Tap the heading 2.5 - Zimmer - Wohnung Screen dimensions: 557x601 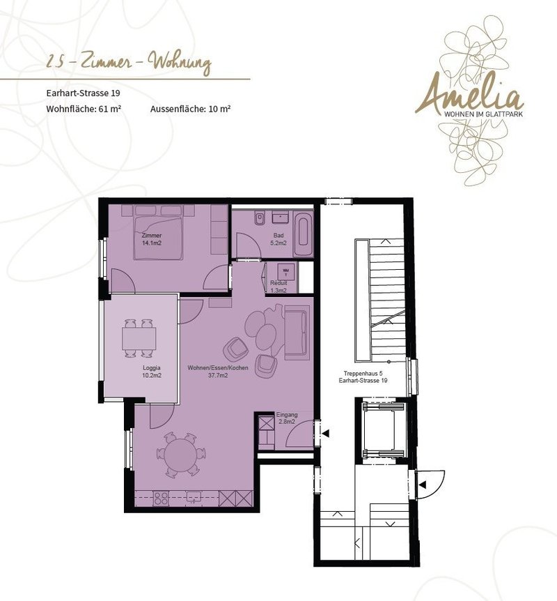[128, 63]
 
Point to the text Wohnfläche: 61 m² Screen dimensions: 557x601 [84, 109]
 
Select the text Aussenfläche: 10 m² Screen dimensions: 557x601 [190, 109]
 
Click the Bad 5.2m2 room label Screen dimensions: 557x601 [278, 239]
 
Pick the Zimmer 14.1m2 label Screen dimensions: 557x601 [152, 239]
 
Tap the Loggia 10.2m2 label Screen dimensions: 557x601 [152, 372]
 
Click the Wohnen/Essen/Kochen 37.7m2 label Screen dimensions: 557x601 [218, 372]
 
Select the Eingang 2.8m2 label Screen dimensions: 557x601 [287, 418]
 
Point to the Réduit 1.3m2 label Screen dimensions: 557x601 [278, 287]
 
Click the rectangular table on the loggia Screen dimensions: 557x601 [139, 338]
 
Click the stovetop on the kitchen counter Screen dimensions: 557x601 [161, 498]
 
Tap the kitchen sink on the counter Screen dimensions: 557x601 [194, 498]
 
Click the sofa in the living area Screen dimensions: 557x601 [297, 332]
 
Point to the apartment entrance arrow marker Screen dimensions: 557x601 [326, 434]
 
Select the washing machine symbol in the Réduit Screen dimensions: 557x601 [285, 271]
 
